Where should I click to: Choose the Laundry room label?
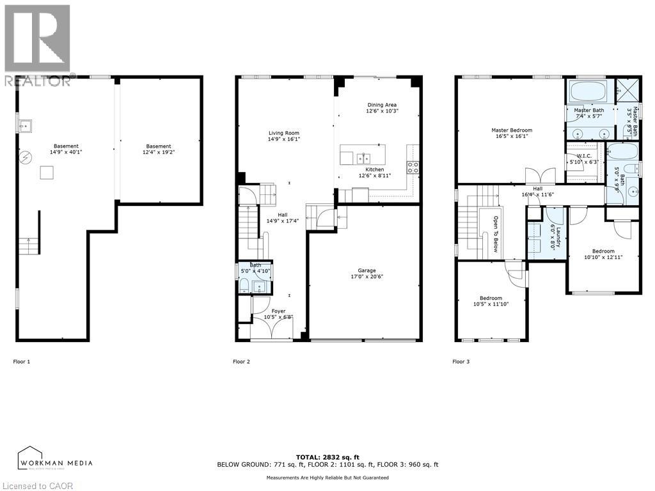[558, 237]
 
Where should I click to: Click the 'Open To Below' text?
[495, 234]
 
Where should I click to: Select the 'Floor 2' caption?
[241, 362]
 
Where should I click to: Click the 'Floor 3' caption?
[461, 362]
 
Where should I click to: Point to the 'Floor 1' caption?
[22, 362]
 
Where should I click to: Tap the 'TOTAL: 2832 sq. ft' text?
[327, 457]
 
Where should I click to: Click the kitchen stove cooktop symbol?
[413, 168]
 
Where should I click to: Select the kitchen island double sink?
[363, 157]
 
